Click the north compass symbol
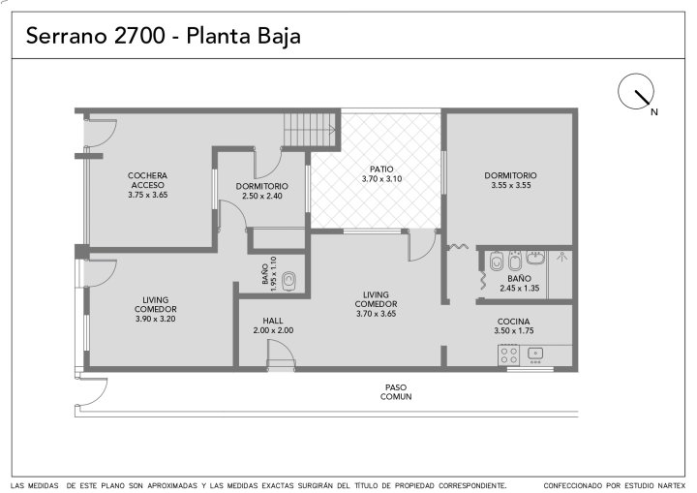tap(636, 92)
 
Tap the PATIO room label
tap(381, 169)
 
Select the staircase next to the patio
tap(310, 130)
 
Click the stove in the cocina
tap(509, 355)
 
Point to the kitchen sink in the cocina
tap(535, 354)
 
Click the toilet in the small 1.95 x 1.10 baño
tap(289, 280)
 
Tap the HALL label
tap(273, 321)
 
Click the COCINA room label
tap(513, 322)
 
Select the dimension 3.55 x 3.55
tap(511, 185)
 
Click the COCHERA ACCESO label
tap(147, 180)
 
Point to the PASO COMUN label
tap(396, 392)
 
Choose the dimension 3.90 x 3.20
tap(155, 319)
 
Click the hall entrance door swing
tap(282, 354)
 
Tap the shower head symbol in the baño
tap(561, 257)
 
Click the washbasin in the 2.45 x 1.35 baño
tap(535, 258)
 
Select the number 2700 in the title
tap(139, 36)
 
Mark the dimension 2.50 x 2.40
tap(262, 196)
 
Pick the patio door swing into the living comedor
tap(421, 246)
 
